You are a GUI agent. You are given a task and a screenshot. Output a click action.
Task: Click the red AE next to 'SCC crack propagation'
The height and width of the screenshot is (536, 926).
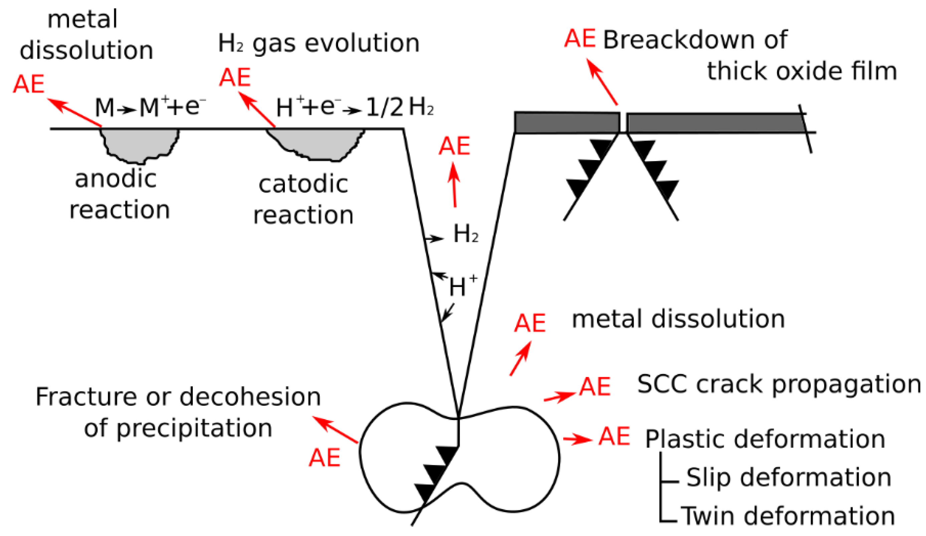click(x=595, y=387)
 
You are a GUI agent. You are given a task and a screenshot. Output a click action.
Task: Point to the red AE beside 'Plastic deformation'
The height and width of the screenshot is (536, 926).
click(x=614, y=436)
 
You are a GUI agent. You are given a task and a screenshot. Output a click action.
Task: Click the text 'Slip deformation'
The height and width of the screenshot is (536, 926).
click(x=789, y=478)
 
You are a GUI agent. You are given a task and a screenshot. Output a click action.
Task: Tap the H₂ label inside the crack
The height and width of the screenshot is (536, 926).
click(x=466, y=234)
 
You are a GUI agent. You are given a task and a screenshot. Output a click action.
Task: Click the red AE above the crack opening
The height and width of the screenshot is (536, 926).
click(x=455, y=146)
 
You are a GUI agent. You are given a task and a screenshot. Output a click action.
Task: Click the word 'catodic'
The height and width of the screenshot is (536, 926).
click(x=303, y=184)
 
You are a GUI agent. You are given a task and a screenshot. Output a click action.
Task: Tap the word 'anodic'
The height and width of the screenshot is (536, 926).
click(x=116, y=179)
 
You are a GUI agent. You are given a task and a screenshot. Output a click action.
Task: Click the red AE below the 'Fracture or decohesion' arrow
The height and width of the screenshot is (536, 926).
click(x=324, y=458)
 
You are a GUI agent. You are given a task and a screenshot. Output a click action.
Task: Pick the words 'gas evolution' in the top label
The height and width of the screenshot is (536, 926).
click(x=336, y=43)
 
